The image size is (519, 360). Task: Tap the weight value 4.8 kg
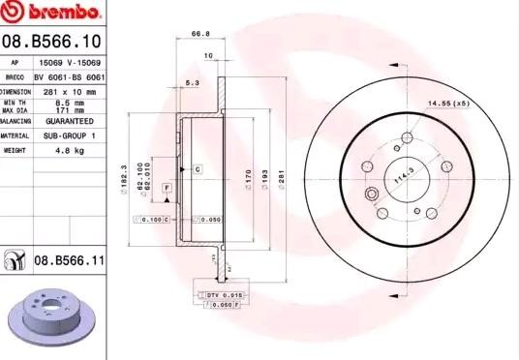coord(70,151)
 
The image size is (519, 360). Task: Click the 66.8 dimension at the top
coord(200,34)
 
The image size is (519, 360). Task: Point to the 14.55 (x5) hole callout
coord(448,102)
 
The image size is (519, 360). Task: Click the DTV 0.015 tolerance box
coord(226,292)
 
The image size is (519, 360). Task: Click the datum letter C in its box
coord(196,169)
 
